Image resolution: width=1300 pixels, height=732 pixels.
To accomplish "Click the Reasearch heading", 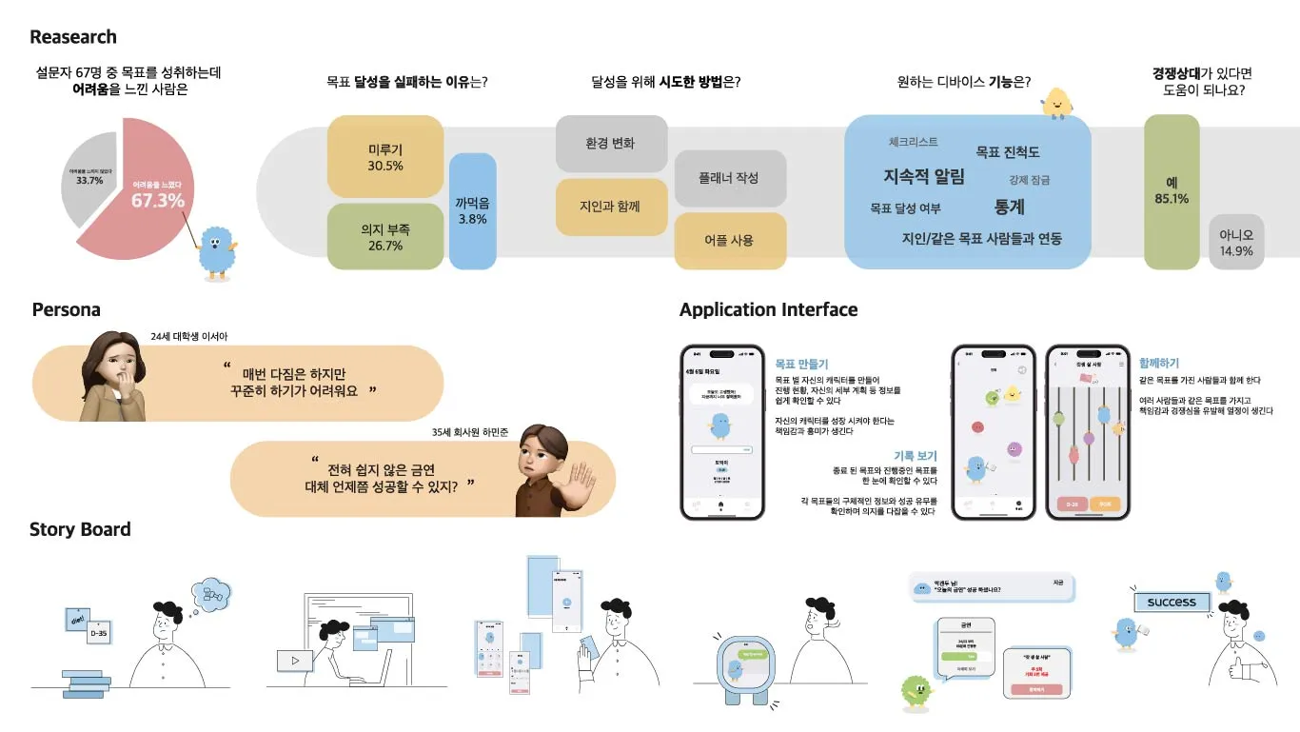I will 73,37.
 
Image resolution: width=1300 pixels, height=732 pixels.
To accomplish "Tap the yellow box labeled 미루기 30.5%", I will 384,157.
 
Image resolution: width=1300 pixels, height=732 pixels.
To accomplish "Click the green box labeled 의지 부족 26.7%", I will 384,237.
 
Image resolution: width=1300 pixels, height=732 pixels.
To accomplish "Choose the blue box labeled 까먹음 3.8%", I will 472,210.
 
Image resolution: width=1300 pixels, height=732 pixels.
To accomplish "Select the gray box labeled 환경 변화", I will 611,144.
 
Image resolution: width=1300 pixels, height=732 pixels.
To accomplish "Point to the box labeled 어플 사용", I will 730,241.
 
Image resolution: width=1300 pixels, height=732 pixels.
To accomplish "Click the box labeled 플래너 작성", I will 730,178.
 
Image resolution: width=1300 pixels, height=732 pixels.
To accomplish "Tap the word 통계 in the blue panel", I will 1009,207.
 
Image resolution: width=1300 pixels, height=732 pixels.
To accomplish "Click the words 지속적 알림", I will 923,176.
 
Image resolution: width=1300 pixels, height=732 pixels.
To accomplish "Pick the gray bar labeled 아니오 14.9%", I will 1236,242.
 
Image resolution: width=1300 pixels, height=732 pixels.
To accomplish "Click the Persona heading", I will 66,309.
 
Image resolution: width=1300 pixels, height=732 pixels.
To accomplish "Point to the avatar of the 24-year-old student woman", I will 114,376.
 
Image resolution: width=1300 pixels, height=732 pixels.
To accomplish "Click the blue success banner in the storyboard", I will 1172,603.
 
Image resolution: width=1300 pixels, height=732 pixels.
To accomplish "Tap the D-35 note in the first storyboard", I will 99,631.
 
